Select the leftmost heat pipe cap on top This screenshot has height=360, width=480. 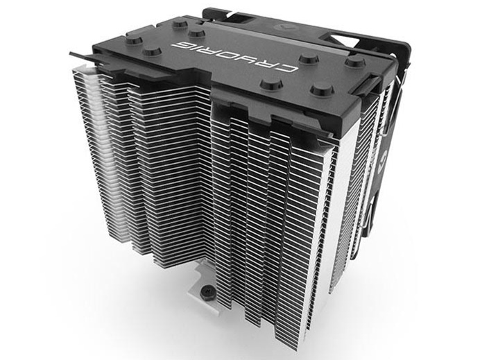coord(132,40)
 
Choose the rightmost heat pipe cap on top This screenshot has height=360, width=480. coord(356,61)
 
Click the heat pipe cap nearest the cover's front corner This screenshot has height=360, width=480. coord(321,90)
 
